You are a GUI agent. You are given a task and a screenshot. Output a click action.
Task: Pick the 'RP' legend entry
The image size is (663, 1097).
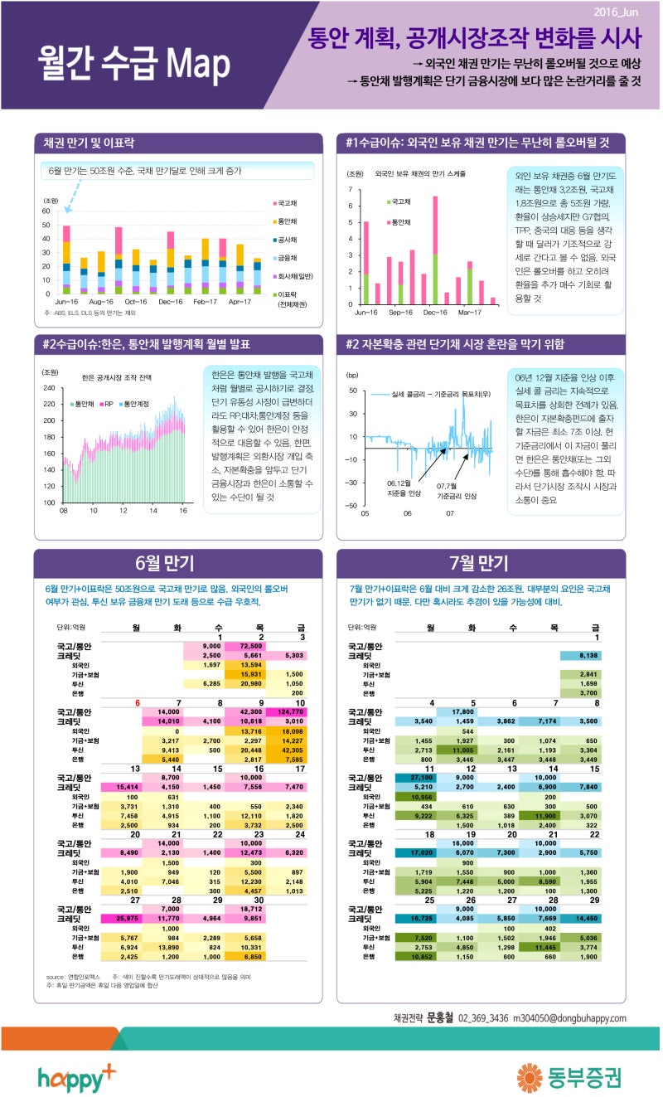point(109,404)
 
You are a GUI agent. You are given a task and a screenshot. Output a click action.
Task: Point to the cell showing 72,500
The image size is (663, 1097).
point(251,646)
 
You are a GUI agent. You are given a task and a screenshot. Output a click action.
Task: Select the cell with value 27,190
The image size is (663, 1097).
point(424,777)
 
